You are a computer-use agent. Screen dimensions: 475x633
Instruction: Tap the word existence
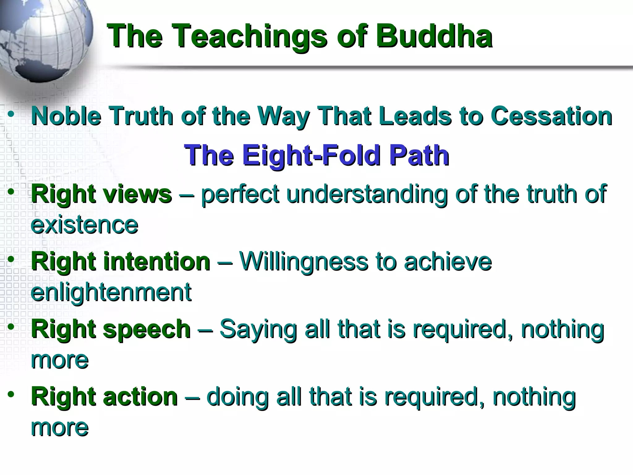tap(84, 225)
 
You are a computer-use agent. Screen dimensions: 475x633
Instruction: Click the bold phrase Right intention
tap(121, 262)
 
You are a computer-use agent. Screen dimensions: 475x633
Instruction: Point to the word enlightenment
tap(111, 292)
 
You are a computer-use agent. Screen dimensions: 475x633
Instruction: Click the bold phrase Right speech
tap(111, 329)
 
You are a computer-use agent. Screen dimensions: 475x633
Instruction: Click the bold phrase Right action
tap(104, 397)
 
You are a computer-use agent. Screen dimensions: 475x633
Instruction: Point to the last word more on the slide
tap(60, 427)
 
